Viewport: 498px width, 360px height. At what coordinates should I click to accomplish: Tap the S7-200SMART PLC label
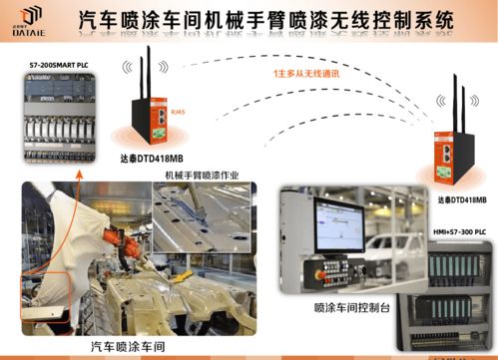tap(49, 61)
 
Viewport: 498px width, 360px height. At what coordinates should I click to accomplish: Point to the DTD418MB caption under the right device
tap(462, 199)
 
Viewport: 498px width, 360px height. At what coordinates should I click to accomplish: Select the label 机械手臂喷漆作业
tap(204, 174)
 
